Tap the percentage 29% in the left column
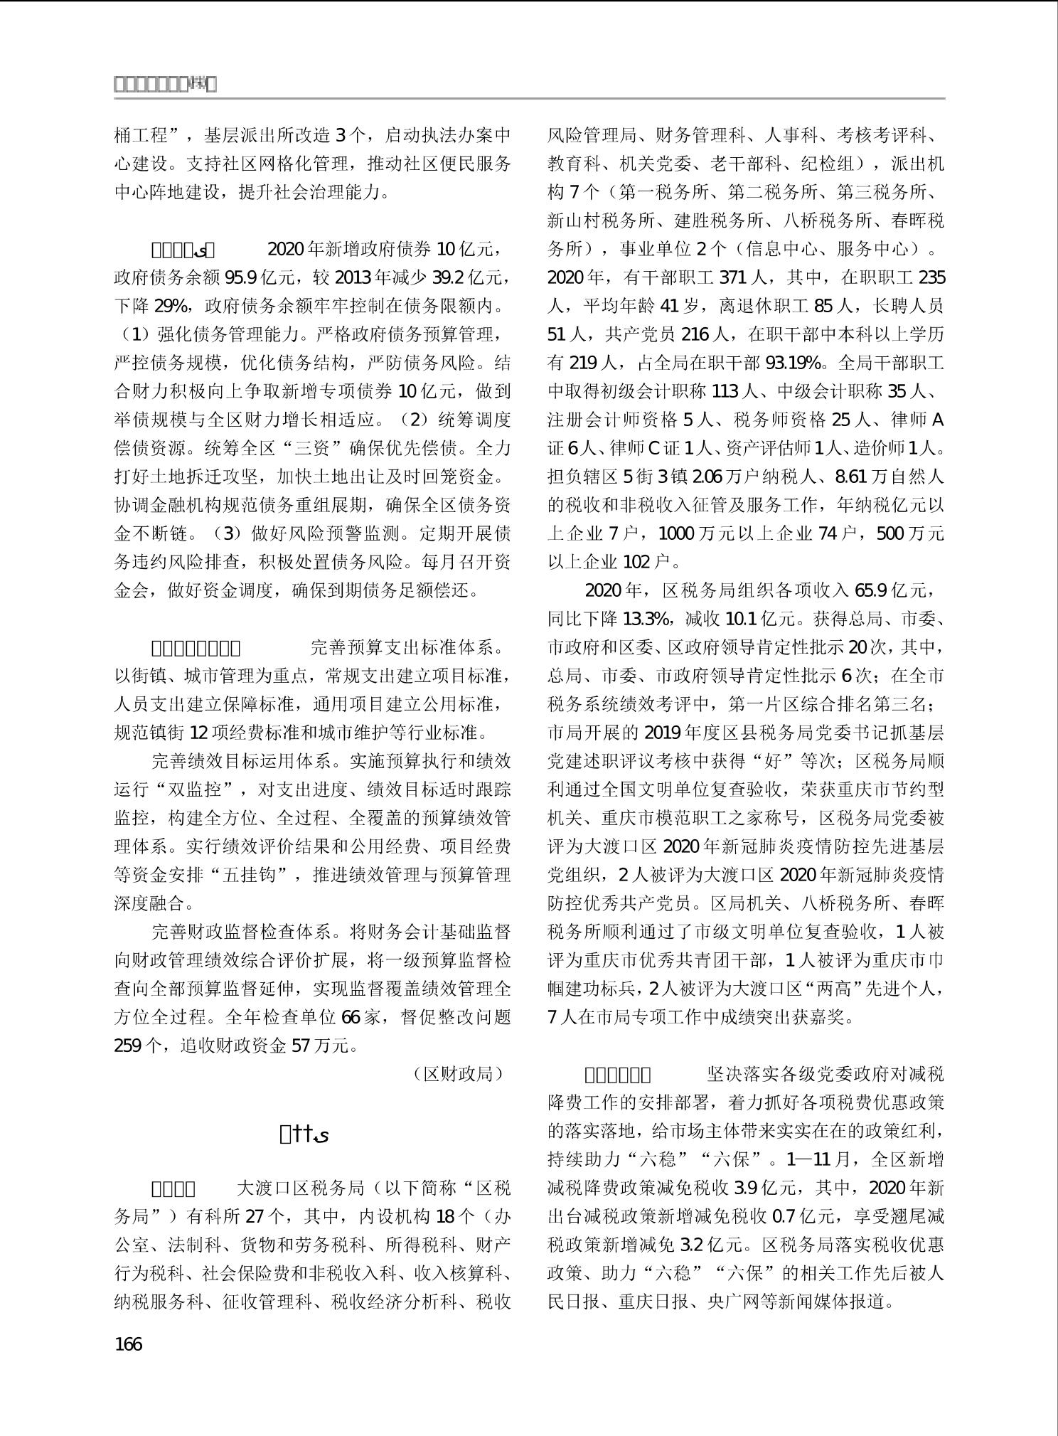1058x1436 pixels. [x=171, y=307]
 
